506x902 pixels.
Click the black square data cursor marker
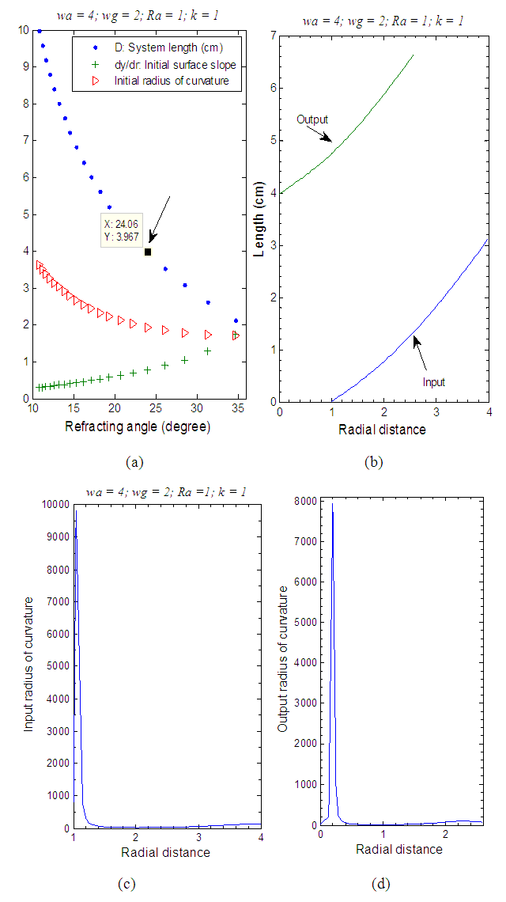coord(148,252)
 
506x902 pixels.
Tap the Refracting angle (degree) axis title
coord(137,428)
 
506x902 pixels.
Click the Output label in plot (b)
coord(312,119)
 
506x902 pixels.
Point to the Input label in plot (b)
coord(433,382)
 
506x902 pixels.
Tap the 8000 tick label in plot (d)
coord(304,501)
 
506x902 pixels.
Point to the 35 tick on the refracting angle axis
coord(236,408)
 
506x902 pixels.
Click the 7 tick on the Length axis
coord(272,36)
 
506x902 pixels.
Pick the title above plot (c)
coord(165,491)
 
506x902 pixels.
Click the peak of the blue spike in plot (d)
coord(332,503)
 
